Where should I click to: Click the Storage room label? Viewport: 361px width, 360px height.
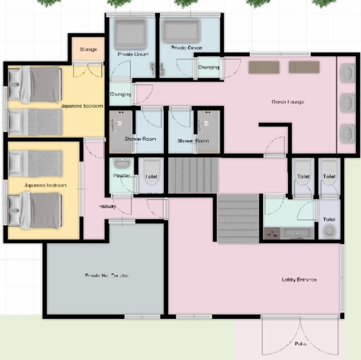click(88, 49)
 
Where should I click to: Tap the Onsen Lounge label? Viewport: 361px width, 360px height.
click(288, 102)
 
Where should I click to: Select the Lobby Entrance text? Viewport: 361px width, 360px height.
click(299, 279)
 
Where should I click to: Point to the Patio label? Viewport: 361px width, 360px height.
click(300, 344)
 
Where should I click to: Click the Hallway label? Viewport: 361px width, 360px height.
click(107, 206)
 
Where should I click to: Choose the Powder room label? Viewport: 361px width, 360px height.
click(121, 176)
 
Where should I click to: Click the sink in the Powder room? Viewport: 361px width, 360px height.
click(122, 164)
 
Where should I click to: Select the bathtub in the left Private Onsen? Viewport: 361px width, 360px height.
click(131, 33)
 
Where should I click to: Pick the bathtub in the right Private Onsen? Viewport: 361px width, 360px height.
click(182, 31)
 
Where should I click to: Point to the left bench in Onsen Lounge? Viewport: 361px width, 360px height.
click(264, 67)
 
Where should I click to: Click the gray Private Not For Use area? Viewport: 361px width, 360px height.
click(106, 275)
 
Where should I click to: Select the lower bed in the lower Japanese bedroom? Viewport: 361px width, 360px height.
click(34, 210)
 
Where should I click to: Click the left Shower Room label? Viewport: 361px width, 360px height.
click(140, 139)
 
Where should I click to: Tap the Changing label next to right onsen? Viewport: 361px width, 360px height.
click(208, 67)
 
